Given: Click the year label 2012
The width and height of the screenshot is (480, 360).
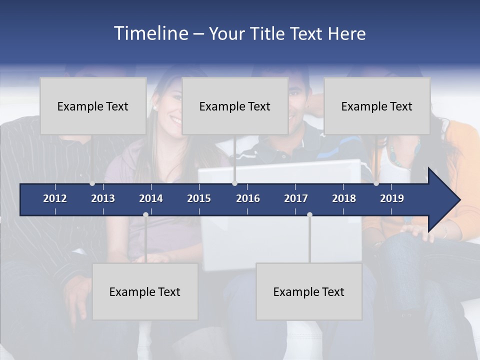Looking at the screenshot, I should pyautogui.click(x=55, y=198).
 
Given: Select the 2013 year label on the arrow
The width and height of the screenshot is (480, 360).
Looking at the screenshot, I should pyautogui.click(x=103, y=198).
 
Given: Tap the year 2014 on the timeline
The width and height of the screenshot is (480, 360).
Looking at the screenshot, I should pyautogui.click(x=151, y=198).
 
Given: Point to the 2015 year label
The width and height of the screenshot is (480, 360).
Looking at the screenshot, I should pyautogui.click(x=199, y=198).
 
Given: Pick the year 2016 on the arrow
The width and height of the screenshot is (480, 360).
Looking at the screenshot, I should pyautogui.click(x=248, y=198).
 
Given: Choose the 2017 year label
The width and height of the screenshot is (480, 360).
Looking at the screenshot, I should pyautogui.click(x=296, y=198).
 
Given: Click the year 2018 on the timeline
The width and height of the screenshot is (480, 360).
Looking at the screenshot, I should pyautogui.click(x=344, y=198).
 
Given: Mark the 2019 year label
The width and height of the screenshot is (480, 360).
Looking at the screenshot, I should pyautogui.click(x=392, y=198).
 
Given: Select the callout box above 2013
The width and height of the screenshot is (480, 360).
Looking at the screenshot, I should pyautogui.click(x=93, y=106).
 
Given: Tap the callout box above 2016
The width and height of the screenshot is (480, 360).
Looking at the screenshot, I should pyautogui.click(x=235, y=106).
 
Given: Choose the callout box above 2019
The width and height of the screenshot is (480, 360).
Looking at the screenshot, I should pyautogui.click(x=377, y=106).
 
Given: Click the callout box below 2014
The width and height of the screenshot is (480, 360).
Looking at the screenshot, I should pyautogui.click(x=145, y=291).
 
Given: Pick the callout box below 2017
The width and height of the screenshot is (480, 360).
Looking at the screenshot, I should pyautogui.click(x=309, y=291).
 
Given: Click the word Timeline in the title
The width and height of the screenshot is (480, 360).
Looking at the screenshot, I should pyautogui.click(x=150, y=33).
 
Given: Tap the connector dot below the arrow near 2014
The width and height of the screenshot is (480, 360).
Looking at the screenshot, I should pyautogui.click(x=145, y=214).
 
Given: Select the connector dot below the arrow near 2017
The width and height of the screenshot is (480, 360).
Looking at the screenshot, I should pyautogui.click(x=309, y=214).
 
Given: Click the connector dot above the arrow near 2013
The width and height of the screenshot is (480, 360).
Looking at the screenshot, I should pyautogui.click(x=92, y=183).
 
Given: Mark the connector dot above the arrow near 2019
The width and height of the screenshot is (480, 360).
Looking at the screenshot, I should pyautogui.click(x=376, y=183).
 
